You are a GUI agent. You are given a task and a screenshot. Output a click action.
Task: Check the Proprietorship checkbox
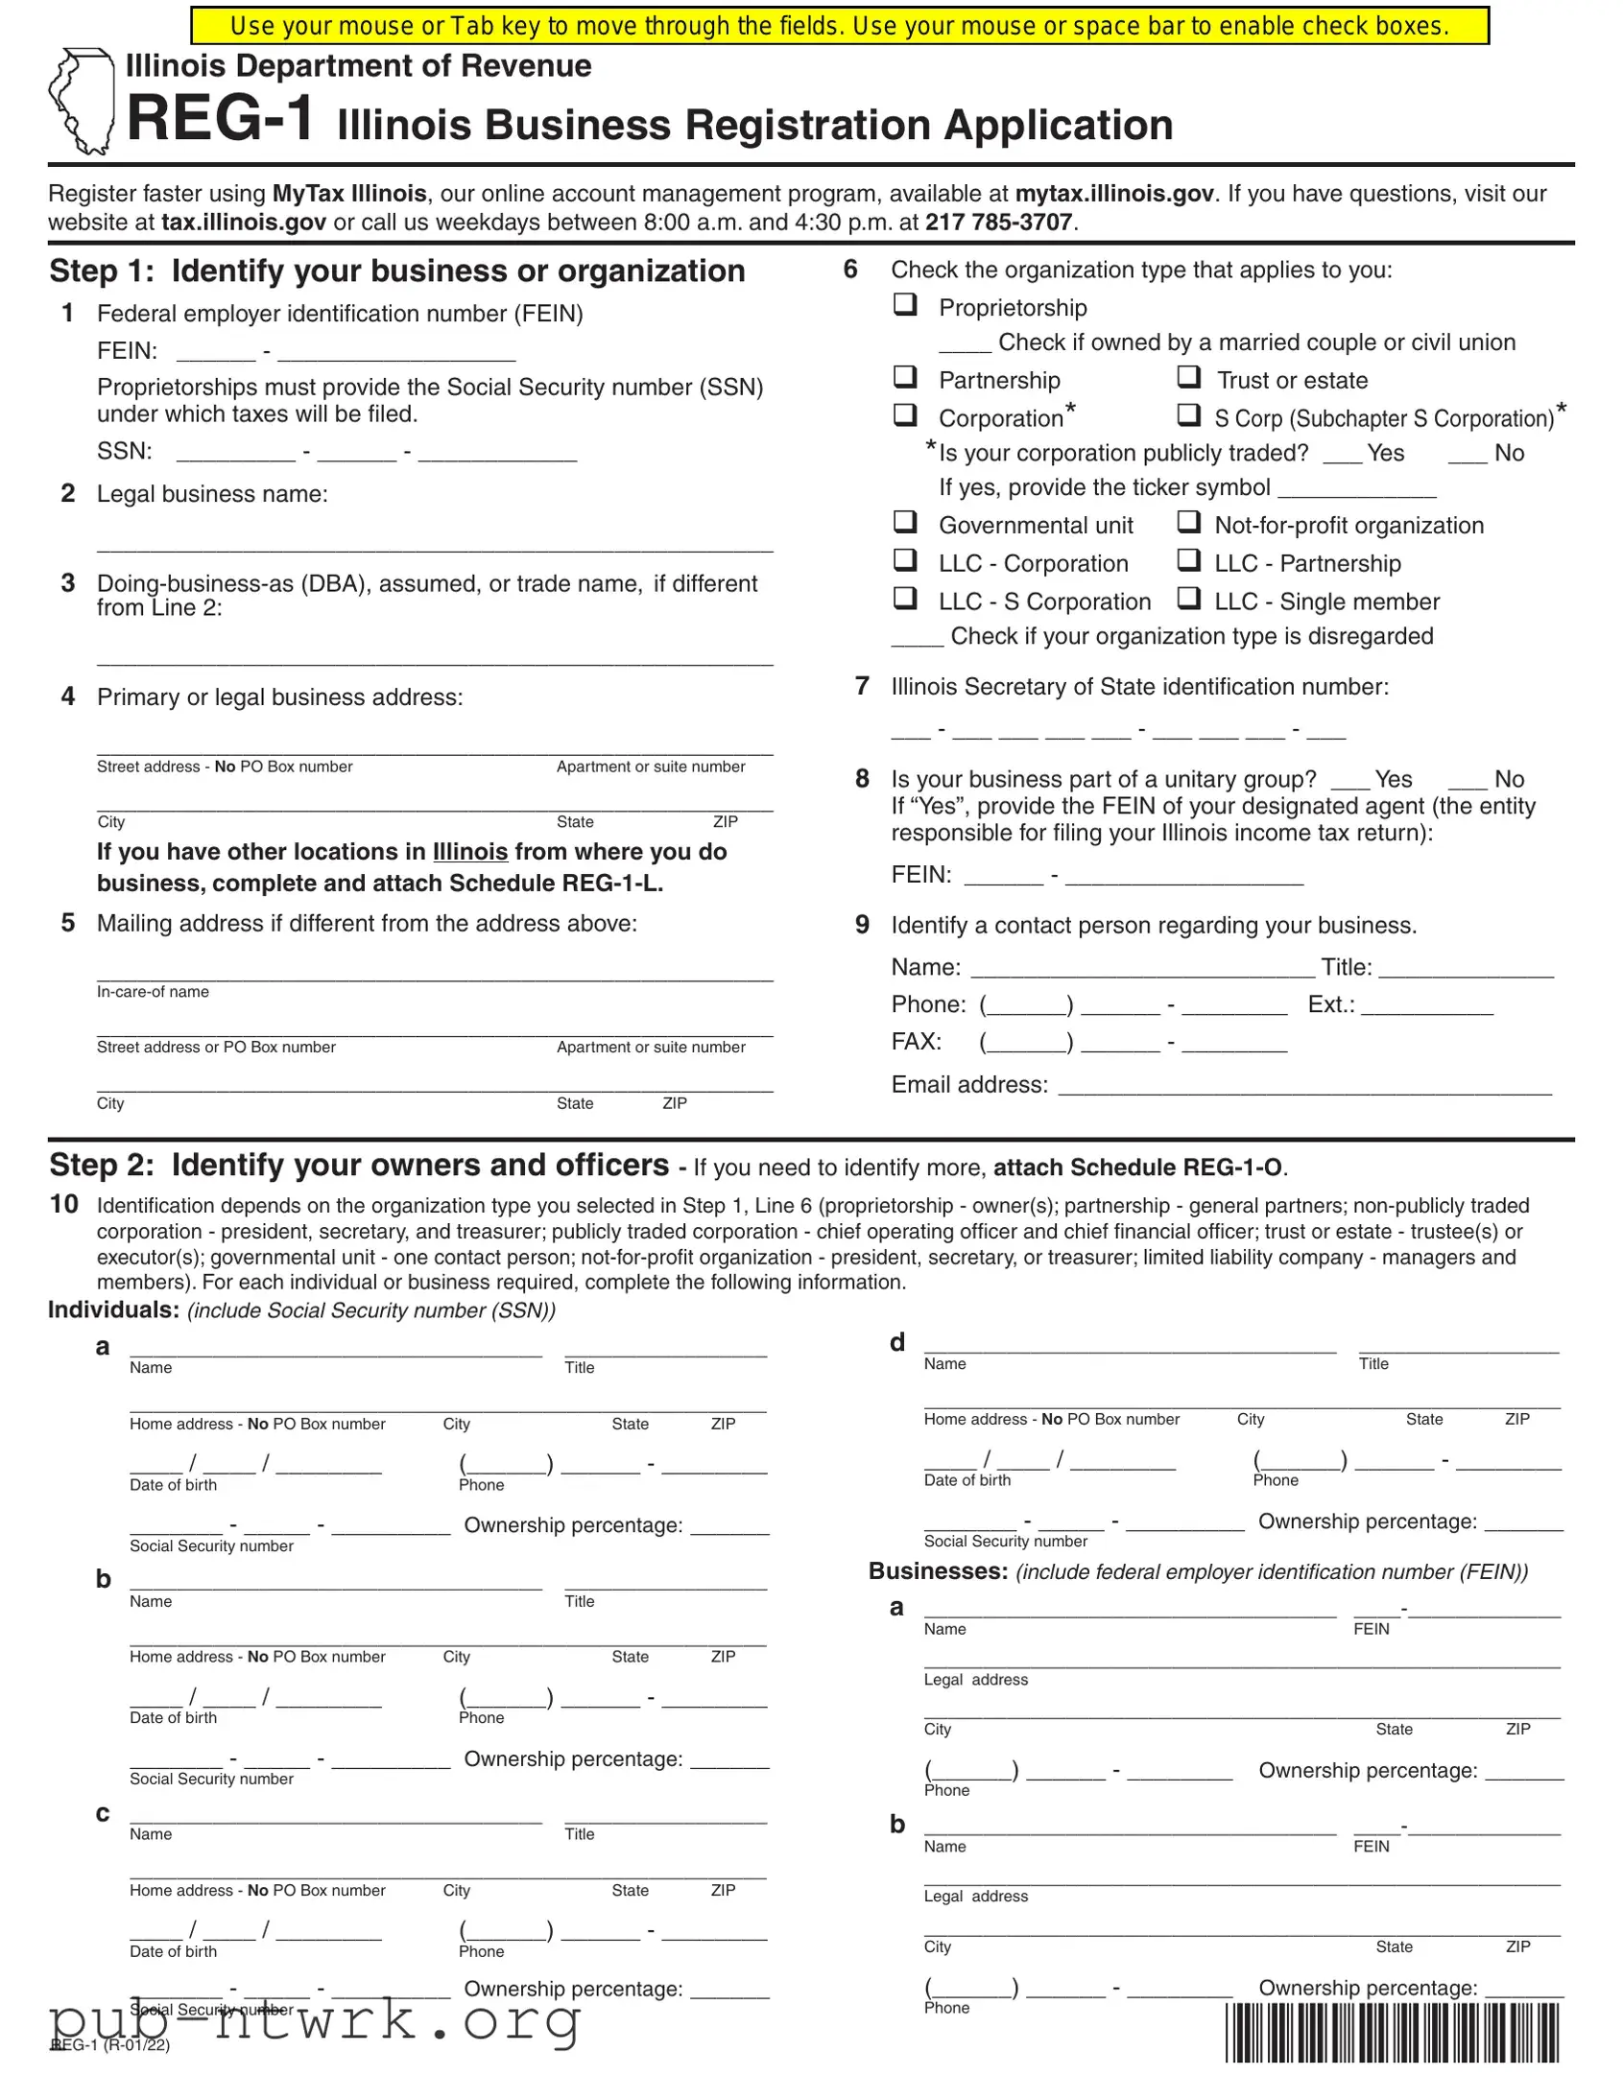tap(905, 305)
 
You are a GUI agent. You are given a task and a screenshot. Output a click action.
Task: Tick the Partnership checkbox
tap(905, 377)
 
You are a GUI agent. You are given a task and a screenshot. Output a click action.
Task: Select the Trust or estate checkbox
tap(1189, 377)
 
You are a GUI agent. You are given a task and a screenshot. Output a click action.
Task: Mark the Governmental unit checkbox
tap(905, 522)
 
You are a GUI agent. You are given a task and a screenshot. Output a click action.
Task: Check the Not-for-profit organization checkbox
tap(1189, 522)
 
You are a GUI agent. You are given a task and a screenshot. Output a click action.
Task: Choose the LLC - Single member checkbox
tap(1189, 599)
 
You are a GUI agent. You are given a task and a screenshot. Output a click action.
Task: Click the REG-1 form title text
tap(220, 119)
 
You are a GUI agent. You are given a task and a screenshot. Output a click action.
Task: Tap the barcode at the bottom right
tap(1393, 2033)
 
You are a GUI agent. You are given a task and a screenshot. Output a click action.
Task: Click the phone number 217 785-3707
tap(998, 223)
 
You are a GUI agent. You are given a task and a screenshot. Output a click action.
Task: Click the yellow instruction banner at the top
tap(840, 26)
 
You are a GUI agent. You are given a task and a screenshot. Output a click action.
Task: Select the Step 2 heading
tap(359, 1165)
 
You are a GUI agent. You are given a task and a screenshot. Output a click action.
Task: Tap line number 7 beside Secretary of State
tap(863, 686)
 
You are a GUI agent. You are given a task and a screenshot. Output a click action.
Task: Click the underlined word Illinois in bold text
tap(469, 853)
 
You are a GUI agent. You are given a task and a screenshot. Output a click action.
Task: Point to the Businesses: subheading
tap(938, 1571)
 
